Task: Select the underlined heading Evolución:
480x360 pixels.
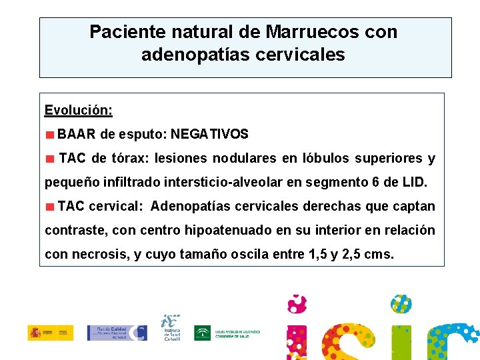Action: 78,109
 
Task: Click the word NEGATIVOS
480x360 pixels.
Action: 209,134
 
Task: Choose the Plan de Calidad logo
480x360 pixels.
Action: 117,333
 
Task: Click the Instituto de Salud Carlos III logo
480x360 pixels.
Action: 171,328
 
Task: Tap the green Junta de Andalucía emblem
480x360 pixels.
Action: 202,333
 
